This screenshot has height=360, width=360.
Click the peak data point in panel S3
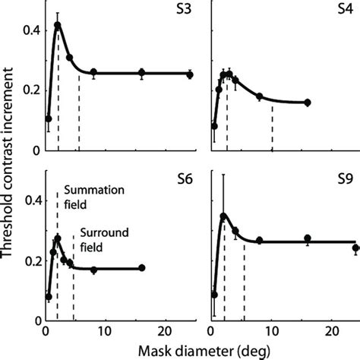(58, 25)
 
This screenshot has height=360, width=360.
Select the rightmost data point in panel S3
(190, 74)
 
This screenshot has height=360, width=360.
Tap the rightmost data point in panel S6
(142, 268)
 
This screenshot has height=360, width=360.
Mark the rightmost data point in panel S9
(356, 248)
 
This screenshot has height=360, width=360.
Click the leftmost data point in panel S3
(49, 118)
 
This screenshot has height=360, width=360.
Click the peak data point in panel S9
(223, 216)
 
